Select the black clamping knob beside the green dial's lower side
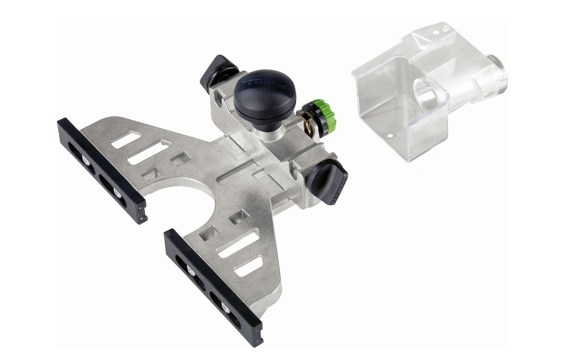(x=327, y=181)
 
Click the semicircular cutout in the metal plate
(x=185, y=203)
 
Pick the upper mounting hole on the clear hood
(x=436, y=33)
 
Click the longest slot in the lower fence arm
(x=238, y=244)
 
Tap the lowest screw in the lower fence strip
(x=225, y=309)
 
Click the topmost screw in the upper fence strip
(x=86, y=160)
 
